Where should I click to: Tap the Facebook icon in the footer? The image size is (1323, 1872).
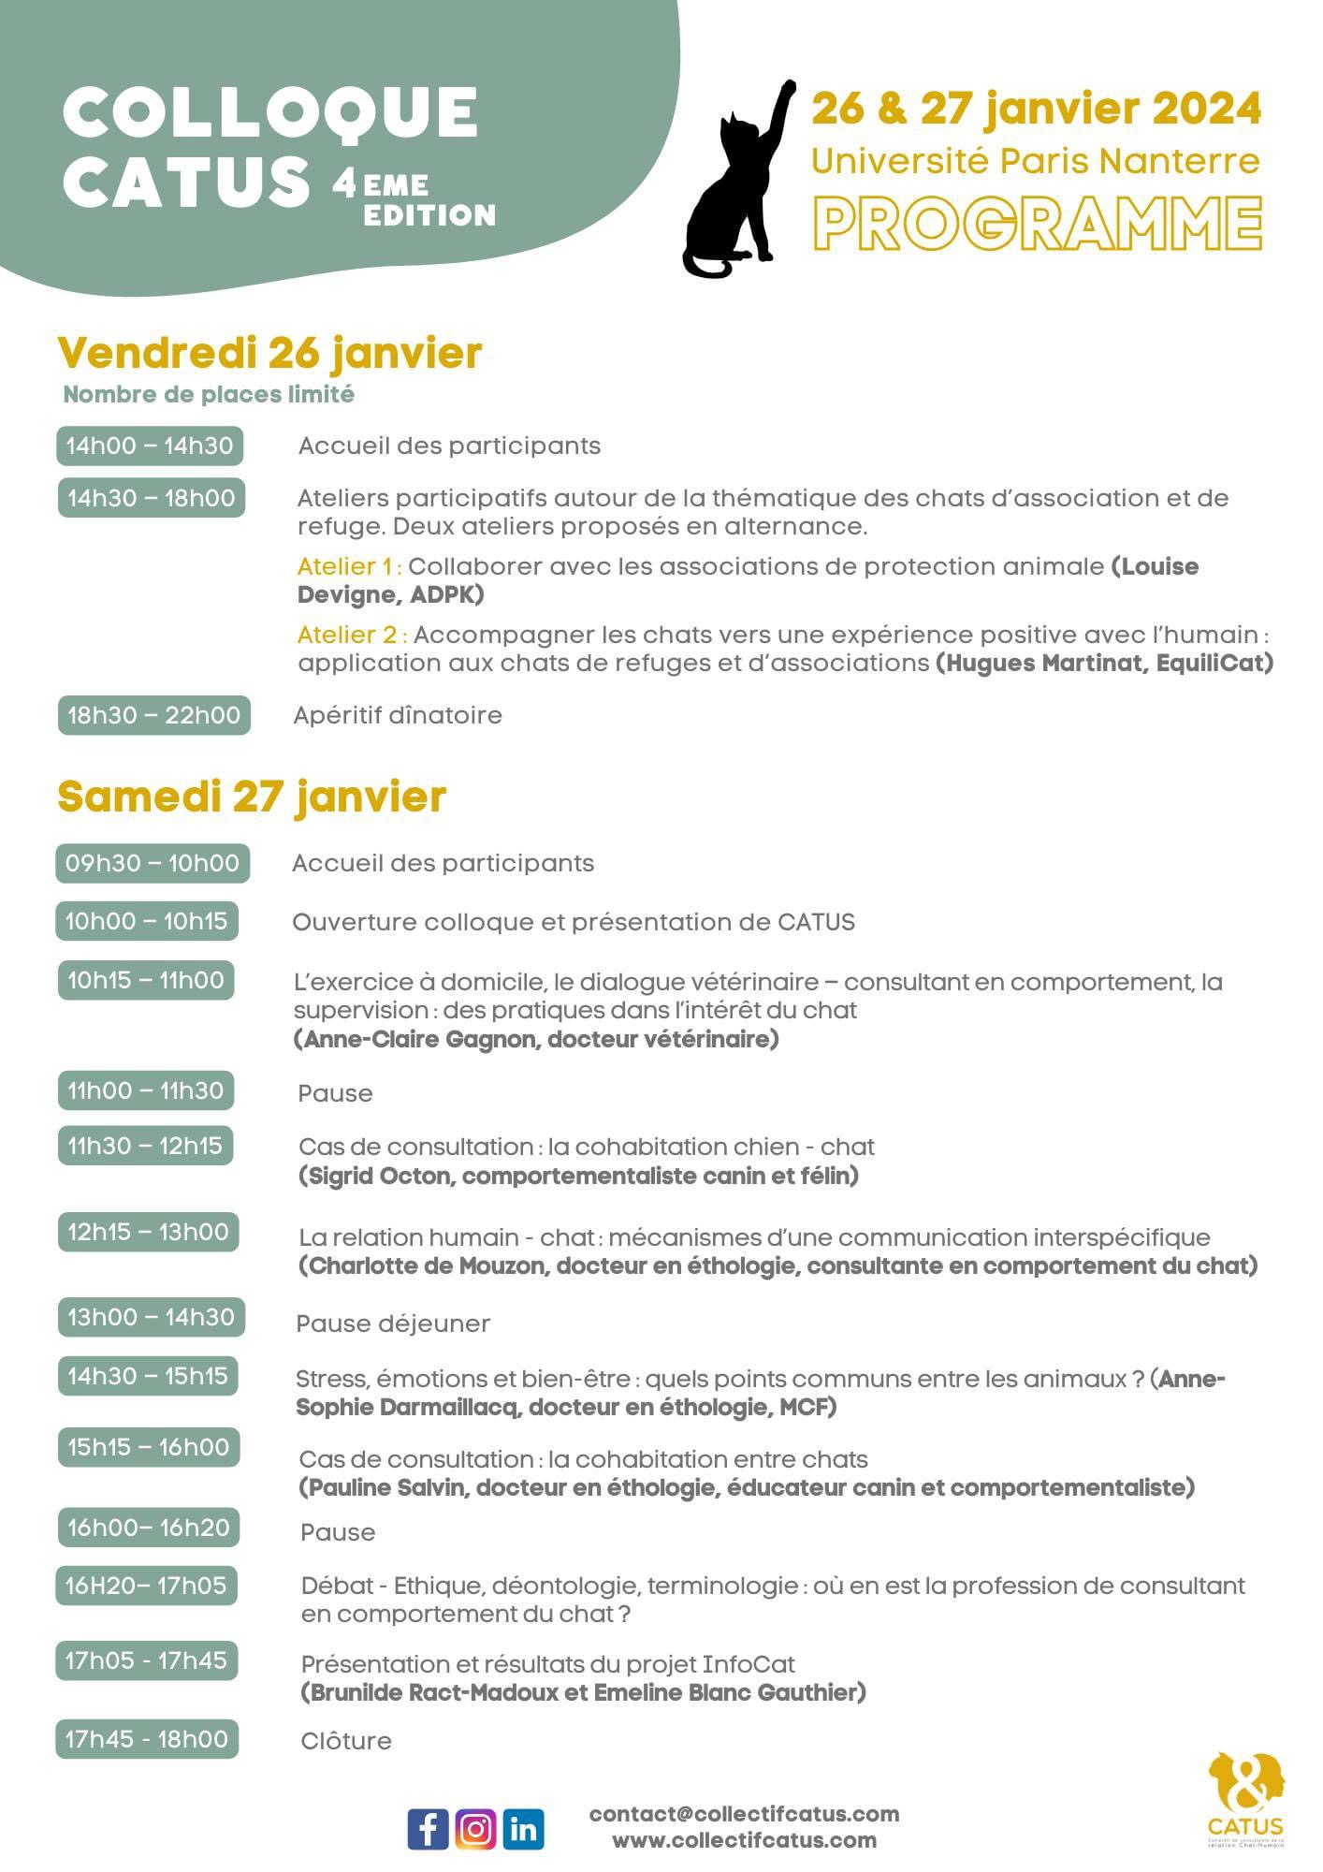click(x=428, y=1828)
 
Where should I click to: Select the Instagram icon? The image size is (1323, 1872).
click(x=475, y=1828)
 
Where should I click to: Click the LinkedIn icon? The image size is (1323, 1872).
click(x=523, y=1828)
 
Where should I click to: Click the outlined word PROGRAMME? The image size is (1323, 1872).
click(x=1037, y=223)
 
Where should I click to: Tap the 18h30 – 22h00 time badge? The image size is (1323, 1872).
click(x=153, y=715)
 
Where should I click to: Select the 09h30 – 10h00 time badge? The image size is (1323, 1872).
click(x=153, y=862)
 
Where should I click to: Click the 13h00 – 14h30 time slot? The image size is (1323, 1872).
click(x=151, y=1317)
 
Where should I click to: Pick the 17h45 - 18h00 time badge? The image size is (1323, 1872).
click(x=147, y=1739)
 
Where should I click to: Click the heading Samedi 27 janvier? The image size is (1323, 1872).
click(x=252, y=797)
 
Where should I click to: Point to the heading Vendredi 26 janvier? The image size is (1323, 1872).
click(x=269, y=353)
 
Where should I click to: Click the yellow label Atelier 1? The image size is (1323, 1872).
click(x=347, y=566)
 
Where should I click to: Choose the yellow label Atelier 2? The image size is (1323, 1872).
click(x=350, y=635)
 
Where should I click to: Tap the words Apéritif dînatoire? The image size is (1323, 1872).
click(x=398, y=715)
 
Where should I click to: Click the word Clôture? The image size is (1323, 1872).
click(x=346, y=1741)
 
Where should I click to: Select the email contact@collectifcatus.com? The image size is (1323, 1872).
click(x=744, y=1814)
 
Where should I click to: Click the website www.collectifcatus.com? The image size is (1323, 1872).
click(x=744, y=1840)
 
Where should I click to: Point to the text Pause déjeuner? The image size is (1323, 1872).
click(x=393, y=1324)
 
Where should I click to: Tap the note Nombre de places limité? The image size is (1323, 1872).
click(x=209, y=394)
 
